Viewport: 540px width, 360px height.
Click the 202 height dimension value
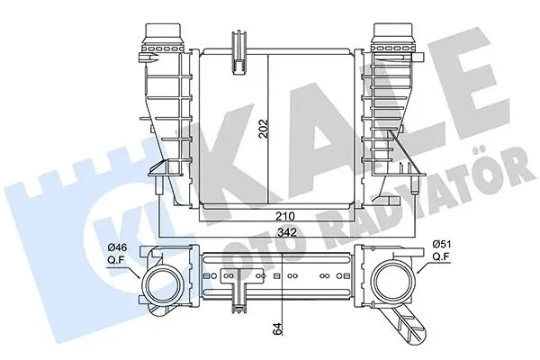coord(264,129)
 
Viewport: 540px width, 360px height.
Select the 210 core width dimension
coord(284,216)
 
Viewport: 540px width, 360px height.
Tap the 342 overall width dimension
coord(287,232)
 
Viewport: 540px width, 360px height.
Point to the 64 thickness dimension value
coord(278,329)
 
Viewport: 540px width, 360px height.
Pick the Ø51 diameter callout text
coord(442,244)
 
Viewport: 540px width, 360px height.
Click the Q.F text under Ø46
coord(116,260)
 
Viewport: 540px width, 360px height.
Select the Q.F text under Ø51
coord(442,256)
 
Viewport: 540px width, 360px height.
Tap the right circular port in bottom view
coord(393,278)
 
